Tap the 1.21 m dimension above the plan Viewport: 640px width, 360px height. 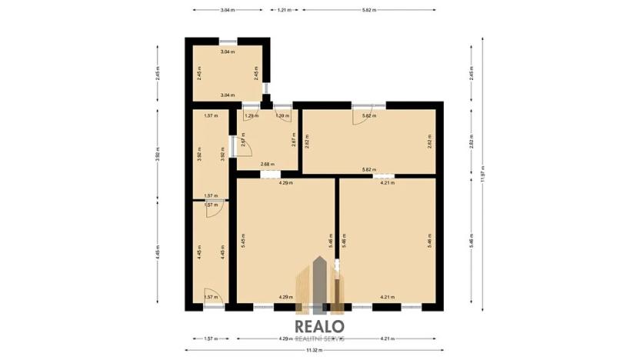(284, 10)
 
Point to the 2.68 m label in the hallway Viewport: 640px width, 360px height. (266, 164)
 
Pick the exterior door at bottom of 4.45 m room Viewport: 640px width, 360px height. (215, 300)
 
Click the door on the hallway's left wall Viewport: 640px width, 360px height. (233, 145)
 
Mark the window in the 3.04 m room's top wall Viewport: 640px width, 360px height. (228, 42)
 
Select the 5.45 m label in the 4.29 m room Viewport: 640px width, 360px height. (242, 240)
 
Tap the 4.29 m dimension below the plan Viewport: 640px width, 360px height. (285, 338)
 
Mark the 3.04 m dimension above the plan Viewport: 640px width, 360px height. (227, 10)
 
